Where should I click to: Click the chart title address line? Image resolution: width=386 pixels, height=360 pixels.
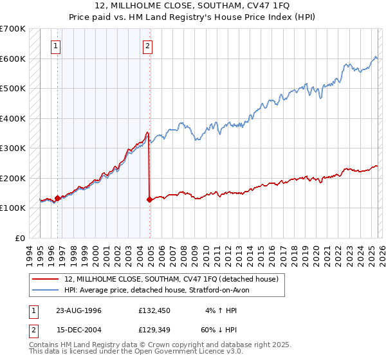click(x=192, y=6)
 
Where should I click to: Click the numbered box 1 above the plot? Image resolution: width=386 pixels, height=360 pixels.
click(x=57, y=46)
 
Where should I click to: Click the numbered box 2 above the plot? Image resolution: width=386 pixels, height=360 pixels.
click(x=148, y=46)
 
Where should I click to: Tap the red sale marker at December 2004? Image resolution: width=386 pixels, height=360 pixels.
click(x=150, y=199)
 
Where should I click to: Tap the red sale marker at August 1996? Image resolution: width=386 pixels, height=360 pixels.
click(x=58, y=198)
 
